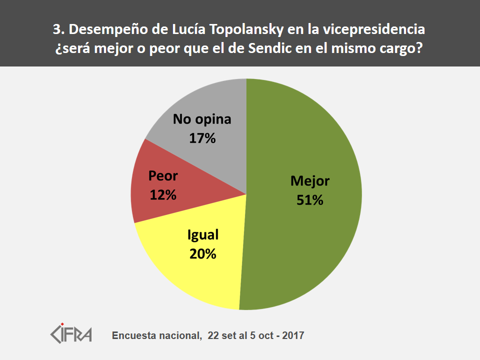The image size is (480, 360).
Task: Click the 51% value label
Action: [309, 200]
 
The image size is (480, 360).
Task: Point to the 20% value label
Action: [202, 254]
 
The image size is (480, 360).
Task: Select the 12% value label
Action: [163, 195]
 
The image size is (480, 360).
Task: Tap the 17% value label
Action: [202, 138]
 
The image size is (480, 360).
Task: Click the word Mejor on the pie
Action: [310, 181]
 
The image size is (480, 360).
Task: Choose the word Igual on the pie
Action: [203, 235]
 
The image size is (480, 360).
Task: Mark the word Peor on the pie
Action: [163, 176]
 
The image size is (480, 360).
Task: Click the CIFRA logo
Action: [71, 333]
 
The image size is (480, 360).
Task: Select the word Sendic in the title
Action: [283, 50]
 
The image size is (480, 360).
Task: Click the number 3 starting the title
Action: [56, 30]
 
